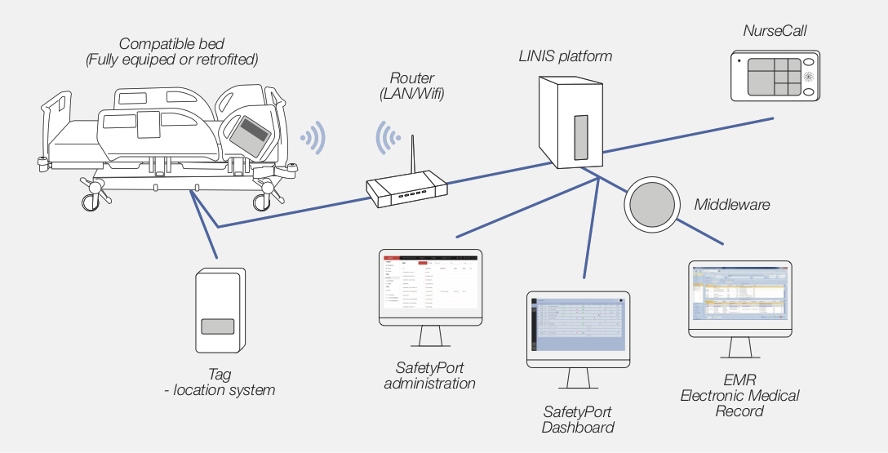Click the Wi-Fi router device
tap(406, 189)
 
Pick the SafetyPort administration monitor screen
tap(430, 282)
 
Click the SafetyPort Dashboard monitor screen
tap(578, 326)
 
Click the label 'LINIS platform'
tap(565, 56)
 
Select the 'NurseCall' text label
tap(775, 31)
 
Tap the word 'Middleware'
tap(731, 204)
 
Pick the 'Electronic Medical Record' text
tap(739, 403)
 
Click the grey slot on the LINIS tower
tap(580, 136)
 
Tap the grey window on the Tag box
tap(218, 326)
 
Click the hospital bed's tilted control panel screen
tap(250, 134)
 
